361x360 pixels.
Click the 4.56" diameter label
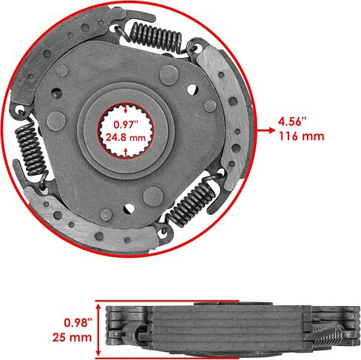pos(292,121)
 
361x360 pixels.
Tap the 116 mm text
pos(301,136)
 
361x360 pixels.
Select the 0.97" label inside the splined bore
pos(125,124)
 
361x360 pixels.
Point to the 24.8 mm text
pos(126,137)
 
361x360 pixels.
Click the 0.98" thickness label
pos(78,322)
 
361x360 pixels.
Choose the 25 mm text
pos(72,337)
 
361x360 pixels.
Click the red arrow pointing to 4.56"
pos(266,130)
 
